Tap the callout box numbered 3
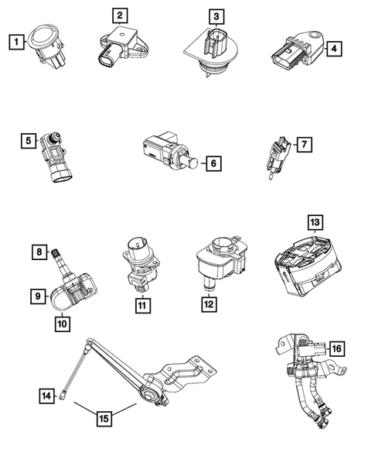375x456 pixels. coord(216,15)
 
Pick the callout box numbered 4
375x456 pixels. coord(334,49)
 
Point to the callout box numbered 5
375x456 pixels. coord(28,140)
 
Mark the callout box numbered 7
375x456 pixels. coord(305,144)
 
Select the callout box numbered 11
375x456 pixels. coord(141,307)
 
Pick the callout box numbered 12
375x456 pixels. coord(207,307)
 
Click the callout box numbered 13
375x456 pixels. coord(314,223)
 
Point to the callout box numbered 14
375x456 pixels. coord(47,396)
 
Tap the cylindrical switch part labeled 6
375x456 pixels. coord(166,151)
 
